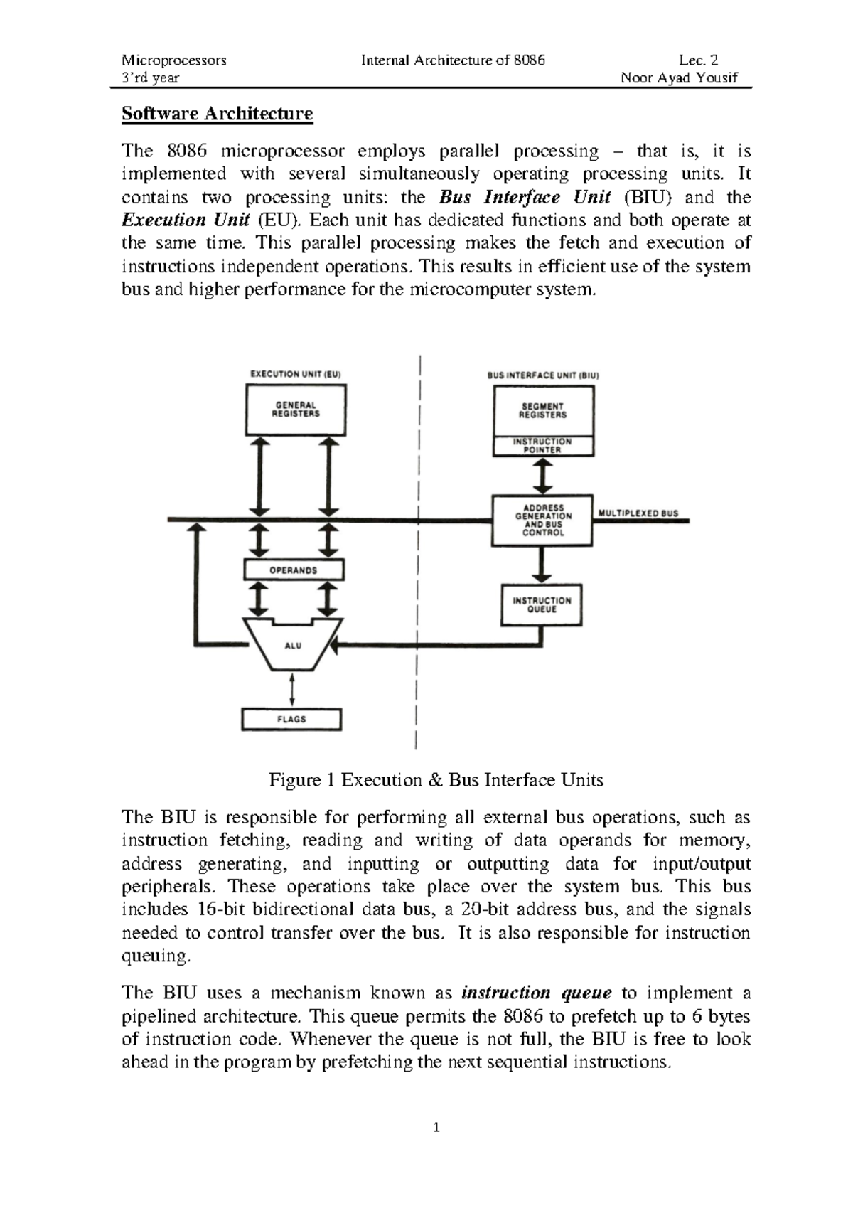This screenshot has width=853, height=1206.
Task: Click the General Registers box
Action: pos(296,410)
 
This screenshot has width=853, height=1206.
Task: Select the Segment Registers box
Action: pos(543,411)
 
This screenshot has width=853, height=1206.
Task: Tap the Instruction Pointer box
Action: pos(543,446)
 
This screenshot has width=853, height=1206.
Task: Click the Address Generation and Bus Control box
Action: pos(542,521)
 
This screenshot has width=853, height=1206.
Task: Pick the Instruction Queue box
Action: pos(542,605)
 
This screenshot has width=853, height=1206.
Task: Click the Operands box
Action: pos(294,570)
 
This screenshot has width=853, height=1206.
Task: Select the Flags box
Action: pos(291,720)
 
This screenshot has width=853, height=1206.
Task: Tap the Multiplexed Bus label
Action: pos(638,513)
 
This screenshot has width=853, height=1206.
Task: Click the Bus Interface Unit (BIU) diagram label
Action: pos(543,375)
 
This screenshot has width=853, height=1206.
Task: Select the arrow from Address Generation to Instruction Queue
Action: pos(542,565)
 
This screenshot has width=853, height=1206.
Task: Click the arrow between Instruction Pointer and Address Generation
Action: pos(543,476)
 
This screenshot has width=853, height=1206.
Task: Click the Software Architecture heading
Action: pos(217,114)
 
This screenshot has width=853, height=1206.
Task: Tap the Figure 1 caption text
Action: pos(436,780)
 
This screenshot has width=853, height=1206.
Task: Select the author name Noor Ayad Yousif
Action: pos(679,78)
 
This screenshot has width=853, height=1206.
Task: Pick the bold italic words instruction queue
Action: pos(537,993)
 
